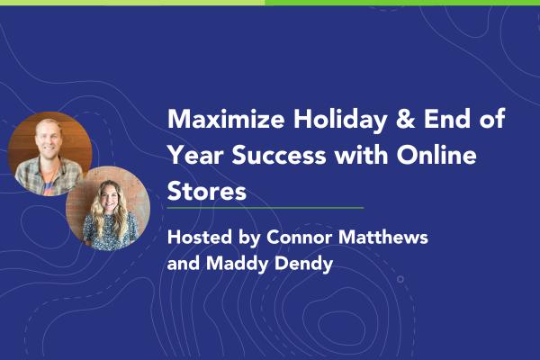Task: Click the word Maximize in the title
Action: (x=226, y=119)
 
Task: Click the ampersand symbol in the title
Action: (x=405, y=119)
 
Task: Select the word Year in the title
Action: (x=196, y=155)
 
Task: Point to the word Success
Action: (x=279, y=155)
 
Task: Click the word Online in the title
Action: (x=436, y=154)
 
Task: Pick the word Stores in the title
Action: (x=207, y=191)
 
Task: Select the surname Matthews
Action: (x=383, y=237)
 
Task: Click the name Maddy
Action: (x=238, y=265)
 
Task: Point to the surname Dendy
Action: (x=304, y=265)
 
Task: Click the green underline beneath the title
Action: (x=265, y=208)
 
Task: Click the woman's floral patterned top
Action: (x=110, y=231)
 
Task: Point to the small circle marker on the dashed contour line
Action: (x=400, y=279)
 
